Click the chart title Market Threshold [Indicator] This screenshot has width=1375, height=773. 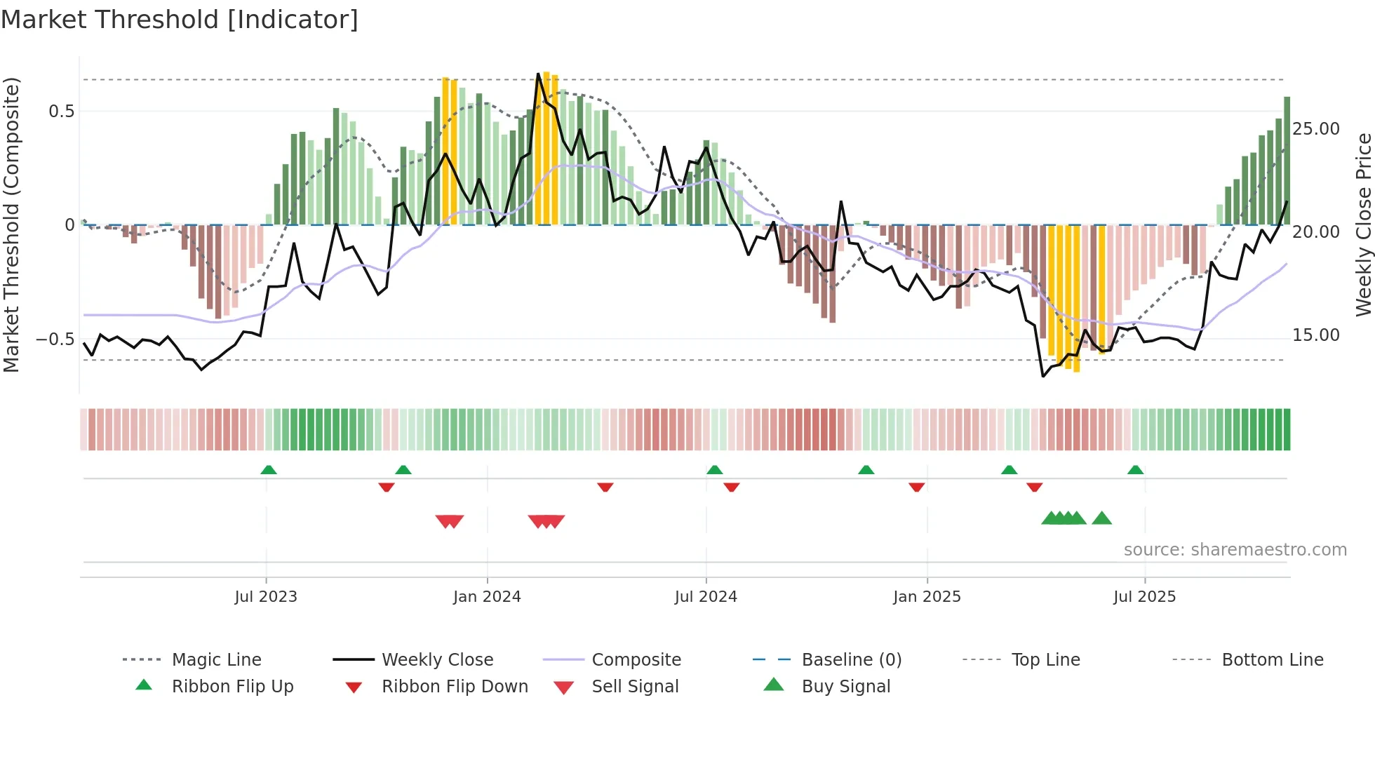point(180,20)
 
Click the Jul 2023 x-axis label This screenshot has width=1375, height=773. point(266,597)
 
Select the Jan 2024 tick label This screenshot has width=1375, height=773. point(487,597)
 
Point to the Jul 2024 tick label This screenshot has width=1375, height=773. point(706,597)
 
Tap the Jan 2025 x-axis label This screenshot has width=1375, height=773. point(927,597)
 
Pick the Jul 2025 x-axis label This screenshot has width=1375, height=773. point(1144,597)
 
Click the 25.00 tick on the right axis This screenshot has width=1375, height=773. point(1316,129)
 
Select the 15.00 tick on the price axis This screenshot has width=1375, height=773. point(1316,335)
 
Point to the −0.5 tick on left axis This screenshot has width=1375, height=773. point(55,340)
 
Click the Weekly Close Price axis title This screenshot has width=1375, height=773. point(1363,224)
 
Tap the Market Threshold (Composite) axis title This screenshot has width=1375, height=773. point(11,224)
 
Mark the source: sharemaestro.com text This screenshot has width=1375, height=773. point(1235,550)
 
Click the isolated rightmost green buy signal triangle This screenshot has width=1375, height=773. point(1102,518)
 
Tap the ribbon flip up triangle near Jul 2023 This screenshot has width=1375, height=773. point(269,470)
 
